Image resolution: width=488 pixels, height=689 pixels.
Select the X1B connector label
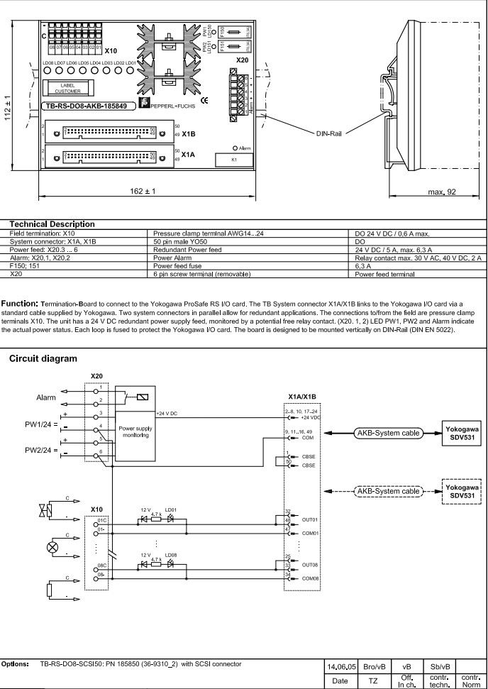click(x=189, y=133)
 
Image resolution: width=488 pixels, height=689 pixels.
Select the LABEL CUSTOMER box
click(x=68, y=88)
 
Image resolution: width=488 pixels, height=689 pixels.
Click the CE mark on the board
click(x=204, y=101)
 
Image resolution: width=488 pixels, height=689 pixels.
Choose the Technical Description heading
click(x=52, y=224)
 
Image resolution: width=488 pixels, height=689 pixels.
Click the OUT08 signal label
click(x=310, y=566)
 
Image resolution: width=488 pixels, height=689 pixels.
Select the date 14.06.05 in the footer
click(x=340, y=668)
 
